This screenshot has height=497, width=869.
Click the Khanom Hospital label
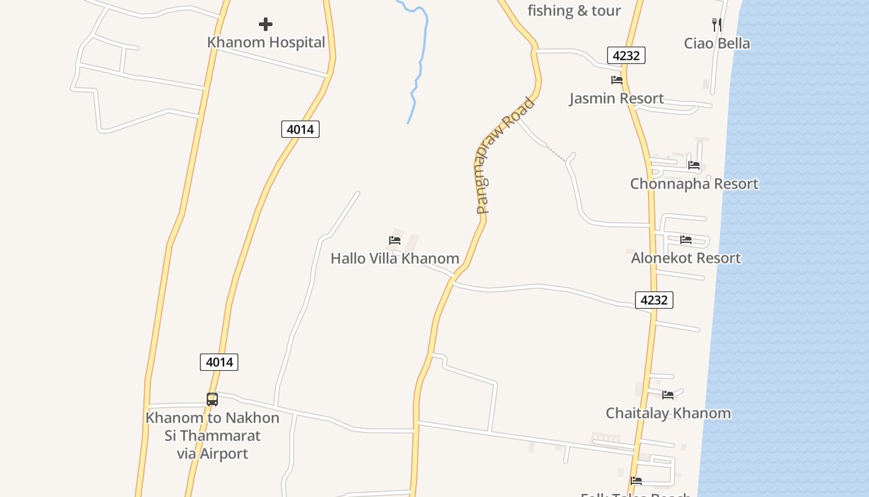tap(266, 42)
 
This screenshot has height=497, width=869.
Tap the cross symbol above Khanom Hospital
tap(266, 24)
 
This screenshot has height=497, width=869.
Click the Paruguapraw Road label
tap(505, 157)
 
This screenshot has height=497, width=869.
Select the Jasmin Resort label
tap(616, 98)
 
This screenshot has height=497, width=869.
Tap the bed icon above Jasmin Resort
tap(616, 80)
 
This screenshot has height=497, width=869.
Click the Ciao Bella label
tap(717, 43)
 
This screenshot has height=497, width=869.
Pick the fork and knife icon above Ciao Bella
tap(717, 24)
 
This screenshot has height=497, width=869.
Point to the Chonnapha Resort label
tap(694, 184)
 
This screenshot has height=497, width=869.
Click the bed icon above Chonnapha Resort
tap(694, 165)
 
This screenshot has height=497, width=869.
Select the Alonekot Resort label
tap(686, 258)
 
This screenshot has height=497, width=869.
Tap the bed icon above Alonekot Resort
tap(686, 239)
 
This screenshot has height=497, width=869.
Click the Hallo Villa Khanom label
tap(395, 258)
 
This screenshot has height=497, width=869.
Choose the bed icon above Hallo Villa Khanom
tap(395, 240)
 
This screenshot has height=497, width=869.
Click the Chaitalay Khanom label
tap(668, 413)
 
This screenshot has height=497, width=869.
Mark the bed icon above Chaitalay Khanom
tap(668, 394)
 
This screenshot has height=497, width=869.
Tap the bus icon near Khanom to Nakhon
tap(212, 399)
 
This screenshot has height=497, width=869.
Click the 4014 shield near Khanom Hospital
tap(300, 129)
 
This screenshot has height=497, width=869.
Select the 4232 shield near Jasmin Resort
tap(626, 55)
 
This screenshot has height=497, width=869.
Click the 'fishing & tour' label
tap(574, 11)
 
